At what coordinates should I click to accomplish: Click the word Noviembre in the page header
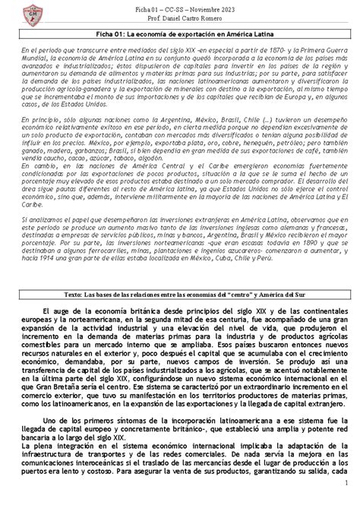200,8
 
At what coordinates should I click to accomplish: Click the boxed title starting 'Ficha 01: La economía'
181,34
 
